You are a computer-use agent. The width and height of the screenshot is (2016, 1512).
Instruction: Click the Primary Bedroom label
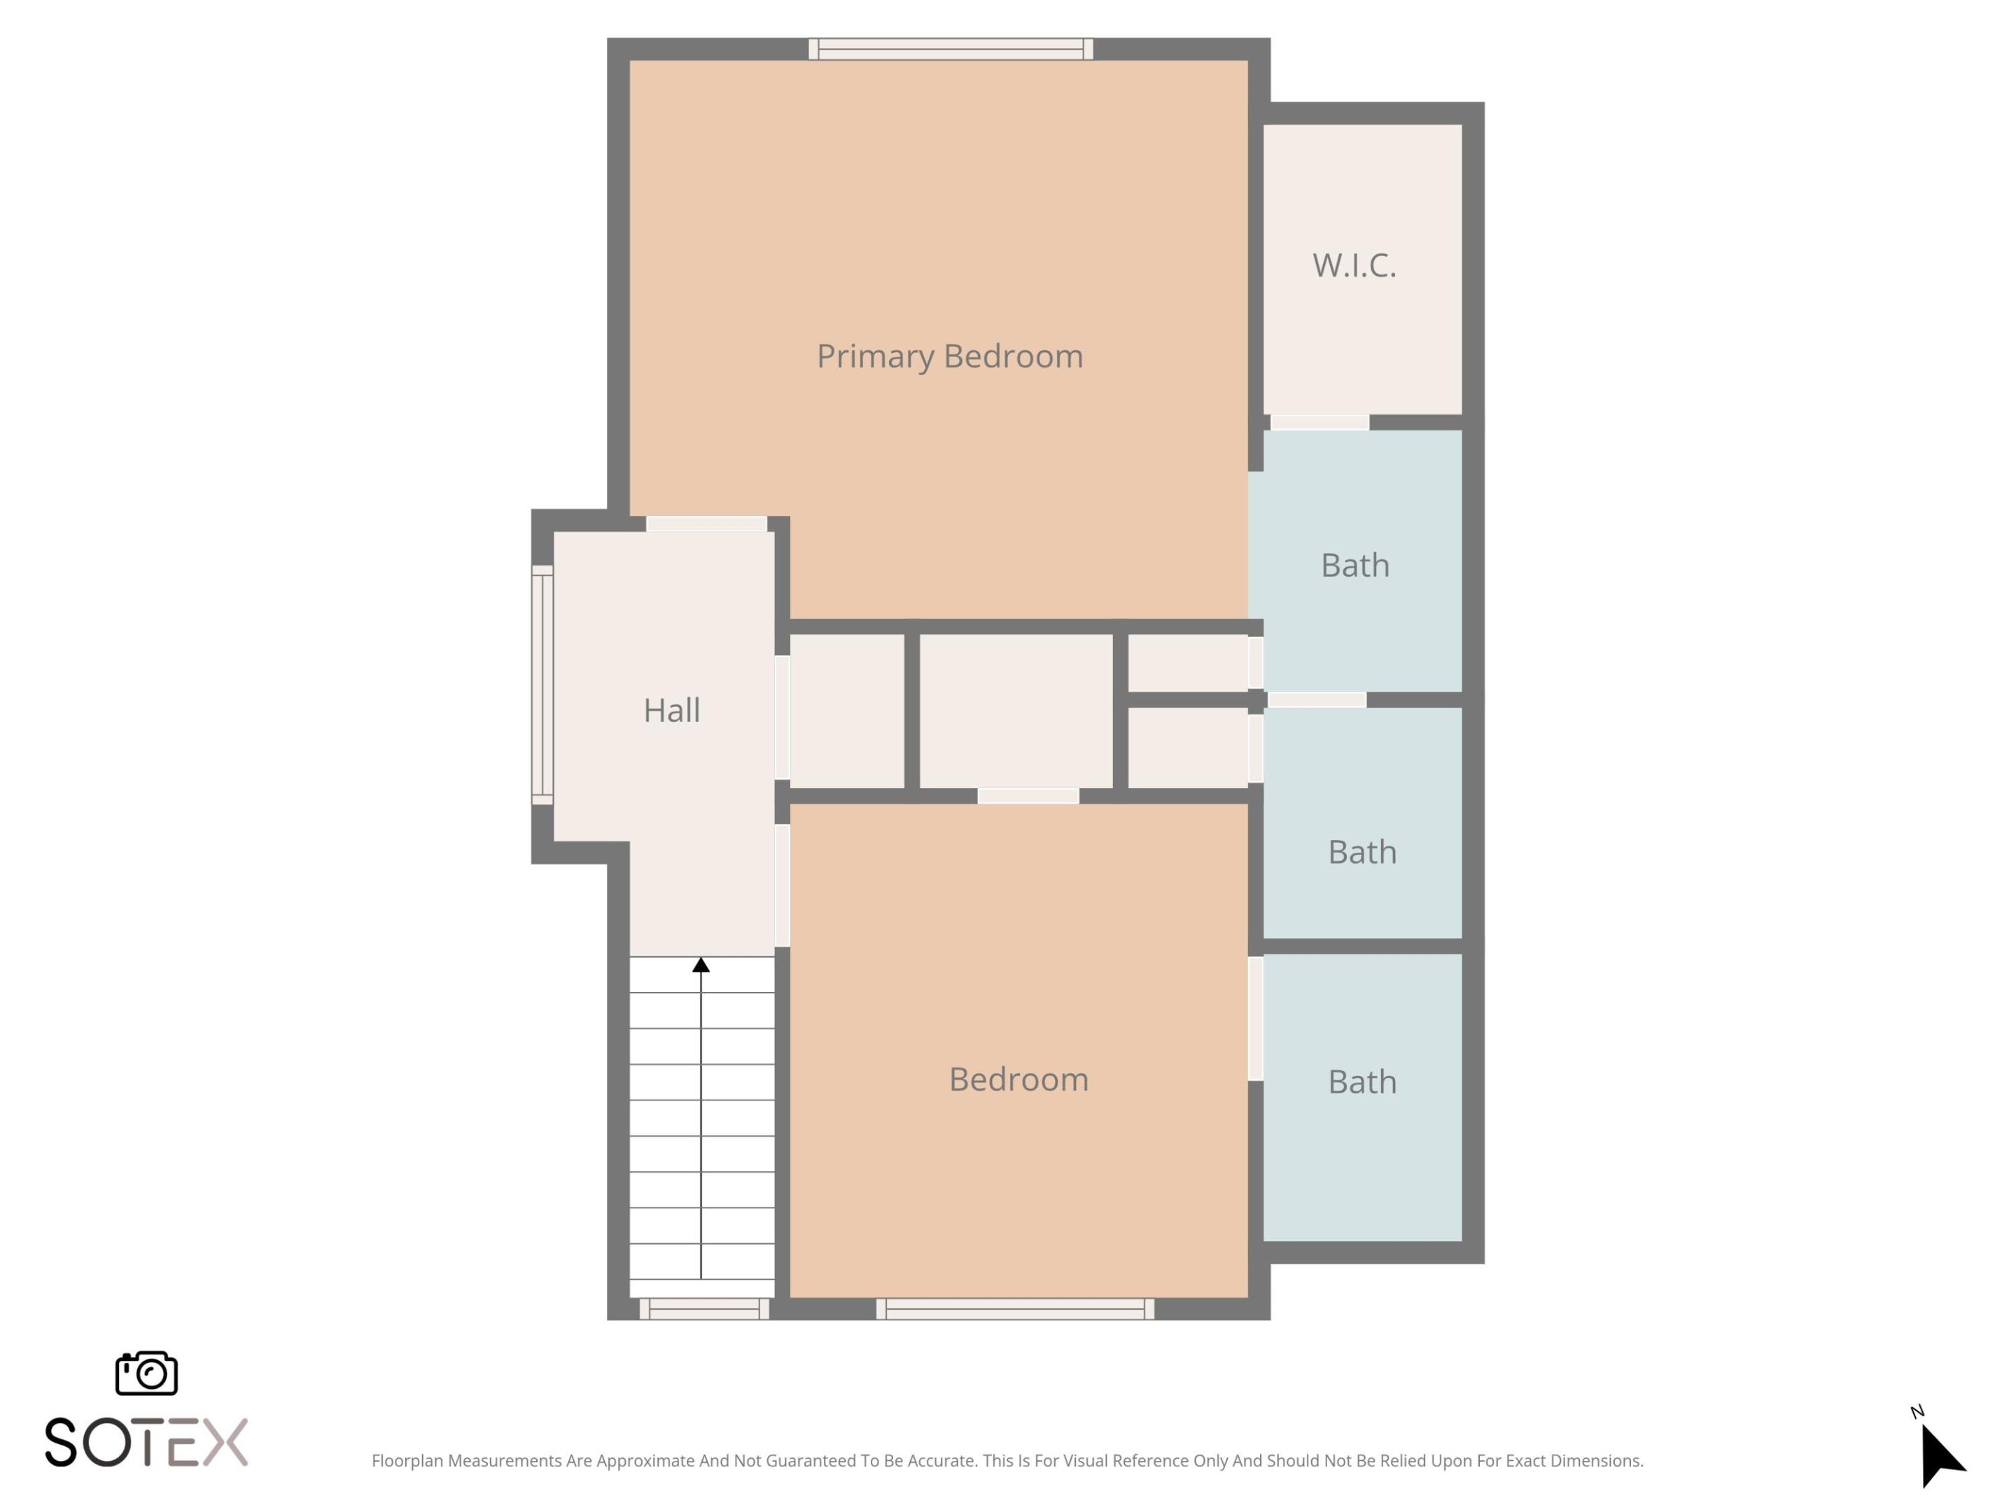pyautogui.click(x=950, y=356)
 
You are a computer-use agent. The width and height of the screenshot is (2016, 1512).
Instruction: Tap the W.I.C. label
pyautogui.click(x=1354, y=265)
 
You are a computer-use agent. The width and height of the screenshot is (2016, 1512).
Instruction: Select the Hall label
pyautogui.click(x=672, y=710)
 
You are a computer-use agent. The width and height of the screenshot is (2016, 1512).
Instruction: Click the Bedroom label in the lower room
pyautogui.click(x=1018, y=1079)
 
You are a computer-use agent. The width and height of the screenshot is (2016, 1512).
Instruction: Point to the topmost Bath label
pyautogui.click(x=1354, y=565)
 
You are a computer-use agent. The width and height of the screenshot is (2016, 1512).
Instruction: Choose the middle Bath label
pyautogui.click(x=1361, y=851)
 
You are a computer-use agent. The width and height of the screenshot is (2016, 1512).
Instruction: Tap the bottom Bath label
pyautogui.click(x=1361, y=1081)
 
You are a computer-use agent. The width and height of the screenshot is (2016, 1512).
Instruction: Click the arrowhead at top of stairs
pyautogui.click(x=701, y=965)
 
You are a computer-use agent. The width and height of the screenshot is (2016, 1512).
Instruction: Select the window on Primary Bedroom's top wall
pyautogui.click(x=951, y=49)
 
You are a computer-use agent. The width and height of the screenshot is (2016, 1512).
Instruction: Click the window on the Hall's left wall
pyautogui.click(x=542, y=685)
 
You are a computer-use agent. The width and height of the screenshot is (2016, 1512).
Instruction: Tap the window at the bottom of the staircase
pyautogui.click(x=703, y=1309)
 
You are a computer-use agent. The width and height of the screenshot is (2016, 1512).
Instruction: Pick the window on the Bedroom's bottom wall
pyautogui.click(x=1015, y=1309)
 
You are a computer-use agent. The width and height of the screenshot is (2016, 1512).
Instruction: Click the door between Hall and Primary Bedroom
pyautogui.click(x=706, y=524)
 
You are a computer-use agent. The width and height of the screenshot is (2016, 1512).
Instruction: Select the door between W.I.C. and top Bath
pyautogui.click(x=1319, y=423)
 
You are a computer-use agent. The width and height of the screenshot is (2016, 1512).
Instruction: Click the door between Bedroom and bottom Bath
pyautogui.click(x=1255, y=1018)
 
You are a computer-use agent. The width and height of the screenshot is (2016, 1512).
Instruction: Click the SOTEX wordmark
pyautogui.click(x=146, y=1442)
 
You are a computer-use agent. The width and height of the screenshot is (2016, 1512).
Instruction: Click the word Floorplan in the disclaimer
pyautogui.click(x=407, y=1461)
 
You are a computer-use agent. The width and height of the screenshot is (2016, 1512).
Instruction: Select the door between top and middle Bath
pyautogui.click(x=1316, y=700)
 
